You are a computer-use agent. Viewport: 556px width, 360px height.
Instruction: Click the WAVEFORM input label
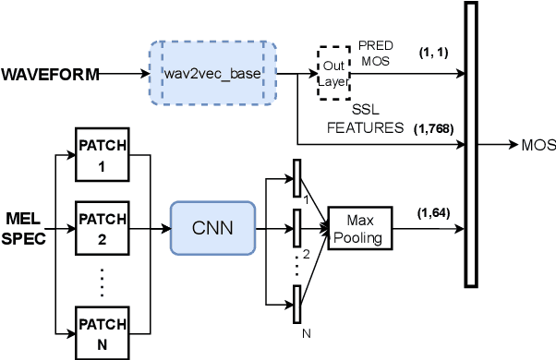coord(51,74)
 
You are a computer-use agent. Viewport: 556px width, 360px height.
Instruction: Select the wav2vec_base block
coord(213,73)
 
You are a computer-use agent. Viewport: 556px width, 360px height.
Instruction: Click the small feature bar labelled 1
coord(297,176)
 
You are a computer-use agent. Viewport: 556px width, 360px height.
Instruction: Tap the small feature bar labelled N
coord(297,303)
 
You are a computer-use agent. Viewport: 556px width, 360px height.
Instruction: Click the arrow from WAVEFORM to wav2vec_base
coord(125,74)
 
